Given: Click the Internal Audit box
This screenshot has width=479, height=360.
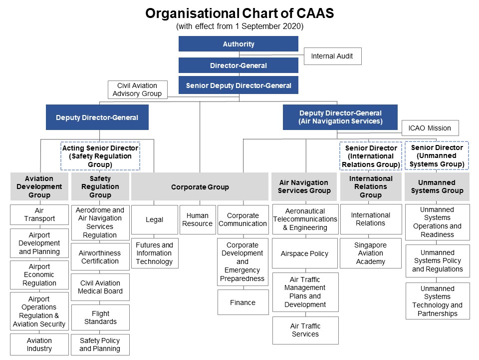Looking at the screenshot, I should click(x=332, y=56).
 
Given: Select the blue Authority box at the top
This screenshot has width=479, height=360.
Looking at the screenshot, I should click(x=239, y=44).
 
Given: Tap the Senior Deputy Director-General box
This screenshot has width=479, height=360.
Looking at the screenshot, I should click(x=239, y=85).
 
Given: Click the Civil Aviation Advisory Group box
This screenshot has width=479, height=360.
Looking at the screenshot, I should click(x=137, y=89).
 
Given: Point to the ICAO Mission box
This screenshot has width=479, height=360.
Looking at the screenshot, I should click(x=430, y=128).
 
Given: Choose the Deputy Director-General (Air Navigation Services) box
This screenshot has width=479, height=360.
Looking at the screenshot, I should click(x=340, y=117).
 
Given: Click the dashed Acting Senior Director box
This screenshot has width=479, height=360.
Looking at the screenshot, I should click(x=100, y=156).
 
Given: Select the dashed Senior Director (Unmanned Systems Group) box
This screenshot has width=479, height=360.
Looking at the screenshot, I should click(x=437, y=155).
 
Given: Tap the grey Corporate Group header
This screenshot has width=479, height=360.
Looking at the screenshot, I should click(x=200, y=187).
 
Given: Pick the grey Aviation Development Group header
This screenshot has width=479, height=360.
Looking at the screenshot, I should click(x=39, y=186).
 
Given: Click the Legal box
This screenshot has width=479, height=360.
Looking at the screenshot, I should click(x=155, y=219).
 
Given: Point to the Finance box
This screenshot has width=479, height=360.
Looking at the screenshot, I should click(x=243, y=302).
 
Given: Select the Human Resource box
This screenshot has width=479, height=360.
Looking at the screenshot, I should click(x=198, y=219).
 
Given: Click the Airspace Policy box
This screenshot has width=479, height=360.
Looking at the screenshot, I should click(x=305, y=253).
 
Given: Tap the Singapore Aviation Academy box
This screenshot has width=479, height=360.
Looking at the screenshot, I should click(x=371, y=253).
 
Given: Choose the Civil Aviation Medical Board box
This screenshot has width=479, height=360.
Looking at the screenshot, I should click(x=100, y=287).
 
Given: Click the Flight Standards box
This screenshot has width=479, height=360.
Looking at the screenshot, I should click(x=100, y=317).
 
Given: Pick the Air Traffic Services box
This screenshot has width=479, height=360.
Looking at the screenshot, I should click(x=305, y=330).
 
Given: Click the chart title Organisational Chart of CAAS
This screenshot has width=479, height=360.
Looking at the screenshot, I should click(x=239, y=13).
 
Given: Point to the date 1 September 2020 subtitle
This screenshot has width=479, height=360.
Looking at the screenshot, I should click(x=239, y=26).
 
